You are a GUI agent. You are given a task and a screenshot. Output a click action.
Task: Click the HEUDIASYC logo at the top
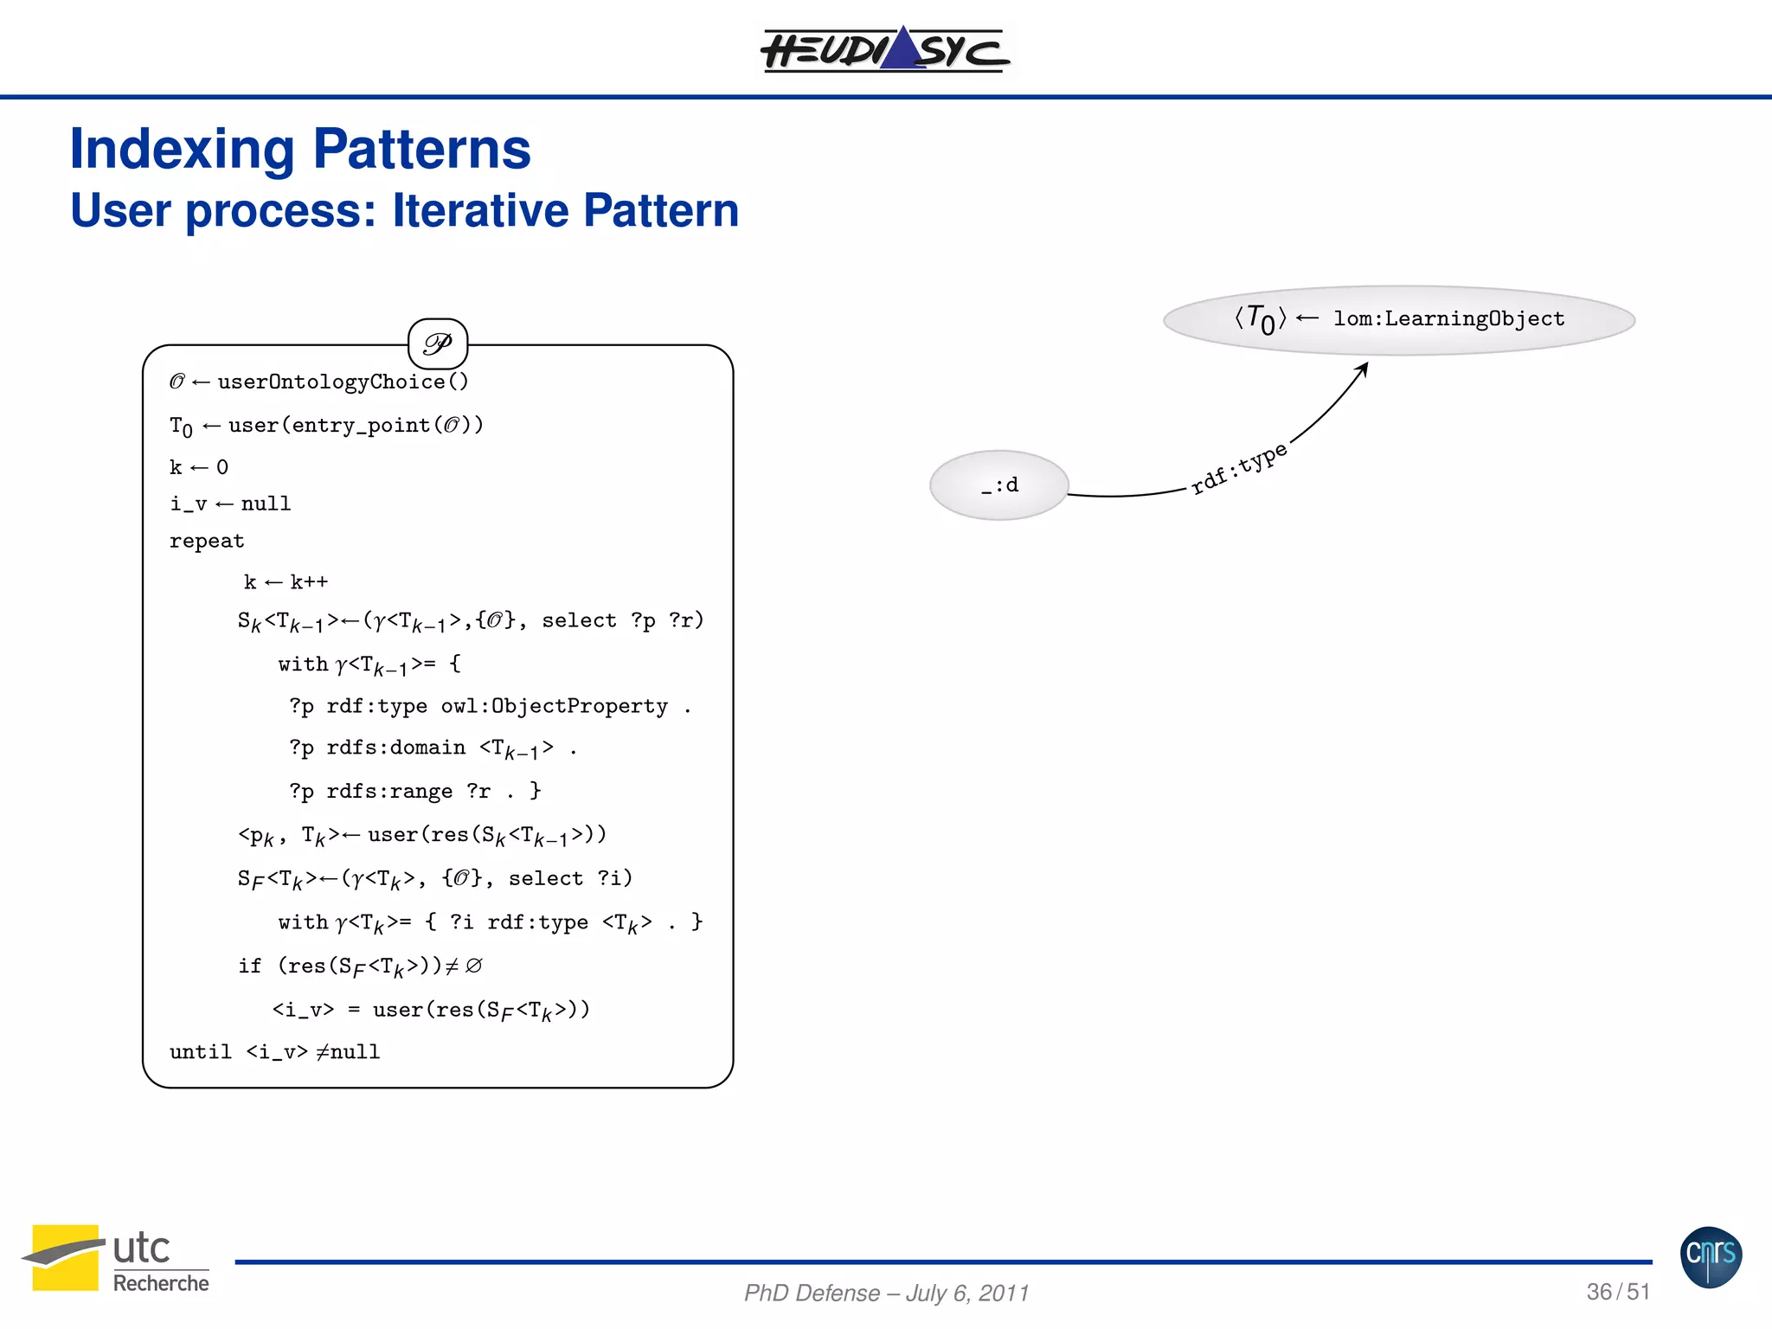pos(884,48)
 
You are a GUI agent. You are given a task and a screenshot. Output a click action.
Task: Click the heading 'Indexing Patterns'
pos(299,149)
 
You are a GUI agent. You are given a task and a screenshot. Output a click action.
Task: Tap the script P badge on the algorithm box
pos(438,343)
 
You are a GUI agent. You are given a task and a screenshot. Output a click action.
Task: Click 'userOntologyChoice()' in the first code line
pos(343,382)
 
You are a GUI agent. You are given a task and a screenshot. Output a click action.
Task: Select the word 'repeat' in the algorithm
pos(207,541)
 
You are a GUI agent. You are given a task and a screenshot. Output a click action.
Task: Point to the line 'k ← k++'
pos(286,582)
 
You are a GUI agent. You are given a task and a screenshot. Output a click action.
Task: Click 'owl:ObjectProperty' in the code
pos(554,706)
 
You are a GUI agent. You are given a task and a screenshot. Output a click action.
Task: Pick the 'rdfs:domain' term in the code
pos(395,748)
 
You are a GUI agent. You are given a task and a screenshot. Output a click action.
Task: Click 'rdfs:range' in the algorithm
pos(389,791)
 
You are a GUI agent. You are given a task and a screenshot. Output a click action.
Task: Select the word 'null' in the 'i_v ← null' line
pos(266,504)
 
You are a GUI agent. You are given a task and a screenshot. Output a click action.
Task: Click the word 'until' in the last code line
pos(200,1051)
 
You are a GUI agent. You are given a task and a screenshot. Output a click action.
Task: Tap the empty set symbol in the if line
pos(473,966)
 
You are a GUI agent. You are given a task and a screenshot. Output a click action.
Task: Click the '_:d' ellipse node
pos(999,485)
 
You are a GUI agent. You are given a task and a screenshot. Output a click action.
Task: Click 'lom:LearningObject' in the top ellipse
pos(1448,318)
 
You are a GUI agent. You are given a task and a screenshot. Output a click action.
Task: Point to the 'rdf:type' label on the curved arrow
pos(1239,468)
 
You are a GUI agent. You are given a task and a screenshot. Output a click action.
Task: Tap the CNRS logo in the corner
pos(1711,1256)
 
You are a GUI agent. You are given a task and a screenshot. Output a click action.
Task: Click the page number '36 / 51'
pos(1617,1292)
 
